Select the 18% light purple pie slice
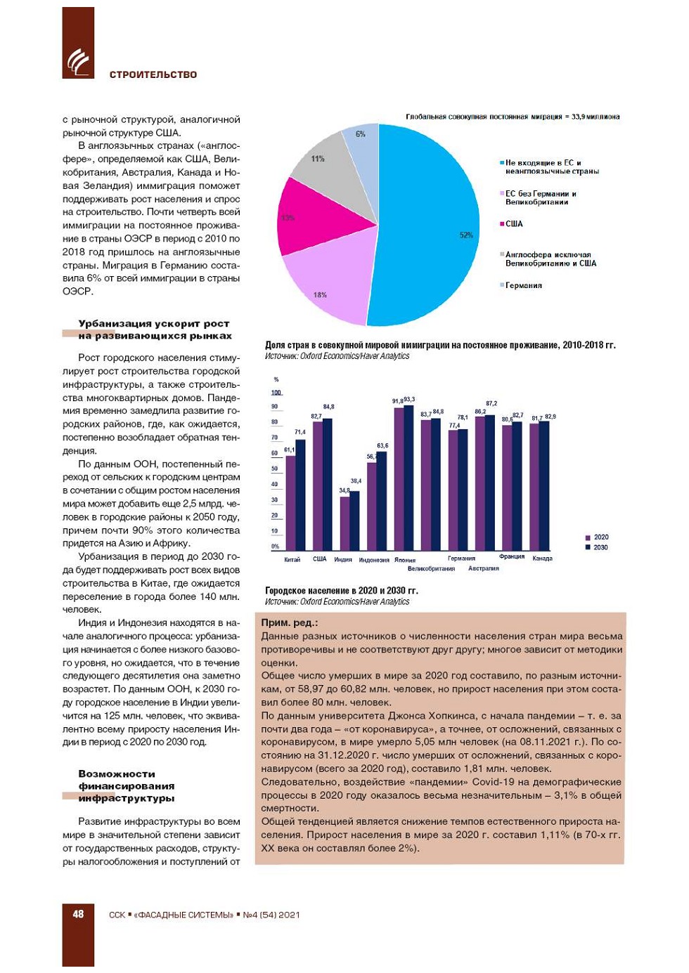click(x=327, y=281)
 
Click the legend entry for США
click(x=514, y=224)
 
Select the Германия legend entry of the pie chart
click(x=523, y=286)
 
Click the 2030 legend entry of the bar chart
click(x=600, y=547)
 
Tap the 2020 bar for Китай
click(x=290, y=502)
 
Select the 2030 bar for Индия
click(x=354, y=520)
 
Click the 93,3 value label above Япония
click(x=409, y=399)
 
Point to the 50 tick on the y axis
click(x=274, y=469)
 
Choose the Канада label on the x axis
click(x=542, y=559)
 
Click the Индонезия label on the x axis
click(x=374, y=560)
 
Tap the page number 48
click(x=78, y=914)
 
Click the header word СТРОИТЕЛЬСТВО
click(x=153, y=74)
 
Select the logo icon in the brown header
click(x=78, y=62)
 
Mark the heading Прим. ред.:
click(x=289, y=622)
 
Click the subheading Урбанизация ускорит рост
click(x=154, y=324)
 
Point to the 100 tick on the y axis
click(x=276, y=393)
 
